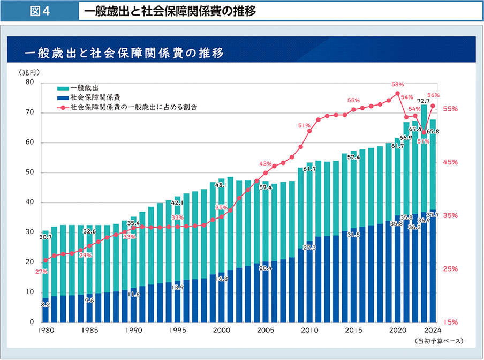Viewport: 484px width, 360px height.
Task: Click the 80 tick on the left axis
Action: tap(29, 83)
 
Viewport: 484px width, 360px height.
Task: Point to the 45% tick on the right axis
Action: tap(450, 162)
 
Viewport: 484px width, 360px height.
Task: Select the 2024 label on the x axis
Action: tap(431, 331)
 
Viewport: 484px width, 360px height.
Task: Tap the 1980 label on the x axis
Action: tap(46, 331)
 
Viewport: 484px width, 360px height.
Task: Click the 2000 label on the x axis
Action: tap(221, 331)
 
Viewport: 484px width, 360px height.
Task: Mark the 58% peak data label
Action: tap(397, 85)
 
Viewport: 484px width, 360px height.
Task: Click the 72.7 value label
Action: tap(423, 100)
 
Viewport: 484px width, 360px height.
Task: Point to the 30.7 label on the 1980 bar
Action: tap(45, 237)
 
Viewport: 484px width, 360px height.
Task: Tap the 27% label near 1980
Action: tap(41, 272)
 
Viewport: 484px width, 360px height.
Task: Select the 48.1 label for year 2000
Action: tap(221, 185)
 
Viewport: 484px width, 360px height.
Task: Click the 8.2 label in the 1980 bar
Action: tap(46, 305)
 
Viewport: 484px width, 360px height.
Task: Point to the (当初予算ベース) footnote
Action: tap(438, 341)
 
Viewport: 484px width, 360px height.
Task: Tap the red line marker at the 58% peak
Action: tap(397, 94)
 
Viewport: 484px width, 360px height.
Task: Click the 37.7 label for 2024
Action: tap(433, 215)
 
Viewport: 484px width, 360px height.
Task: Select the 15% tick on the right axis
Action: tap(450, 322)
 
